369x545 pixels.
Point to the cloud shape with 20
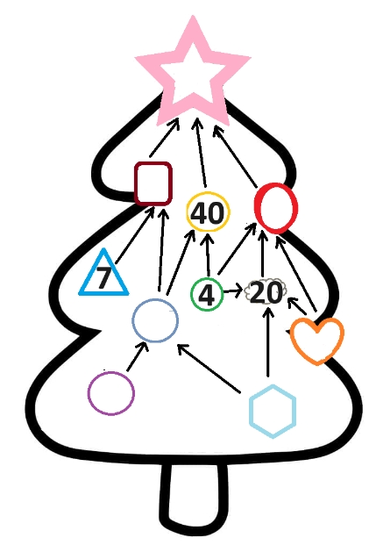pyautogui.click(x=266, y=292)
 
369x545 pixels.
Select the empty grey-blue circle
pyautogui.click(x=132, y=320)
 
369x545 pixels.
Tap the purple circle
pyautogui.click(x=89, y=393)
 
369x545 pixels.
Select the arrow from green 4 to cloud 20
pyautogui.click(x=232, y=290)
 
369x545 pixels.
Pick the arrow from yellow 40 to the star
pyautogui.click(x=201, y=153)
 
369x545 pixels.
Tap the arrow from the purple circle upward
pyautogui.click(x=138, y=356)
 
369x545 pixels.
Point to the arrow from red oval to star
pyautogui.click(x=235, y=156)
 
